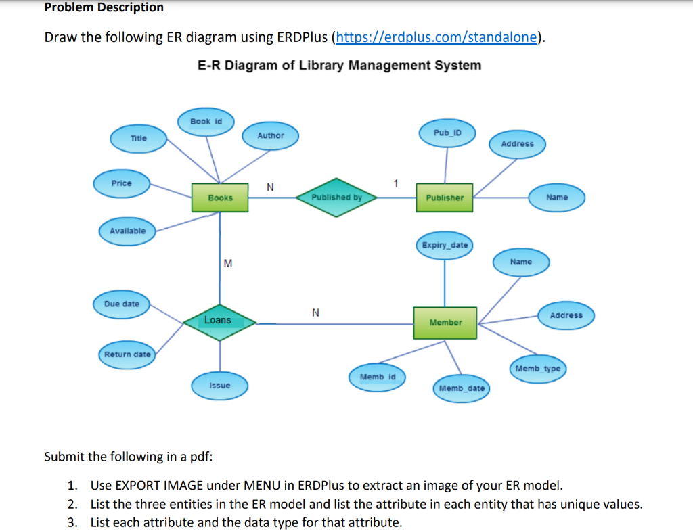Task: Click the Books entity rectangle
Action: coord(220,198)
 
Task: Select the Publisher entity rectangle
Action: coord(445,198)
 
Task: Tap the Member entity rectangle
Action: coord(445,323)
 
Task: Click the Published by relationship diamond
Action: coord(336,198)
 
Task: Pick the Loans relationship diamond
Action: coord(219,321)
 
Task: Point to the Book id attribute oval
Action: coord(206,121)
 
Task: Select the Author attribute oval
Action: coord(271,135)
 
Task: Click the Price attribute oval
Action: coord(122,183)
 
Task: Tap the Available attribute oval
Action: coord(127,231)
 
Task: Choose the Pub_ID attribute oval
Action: coord(447,132)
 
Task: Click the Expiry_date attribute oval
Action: coord(445,245)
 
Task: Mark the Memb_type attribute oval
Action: coord(538,369)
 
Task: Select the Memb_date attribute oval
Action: coord(462,388)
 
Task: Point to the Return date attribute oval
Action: coord(127,354)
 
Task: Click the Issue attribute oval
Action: coord(219,386)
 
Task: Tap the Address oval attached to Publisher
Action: coord(517,144)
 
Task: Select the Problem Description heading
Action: coord(104,7)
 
